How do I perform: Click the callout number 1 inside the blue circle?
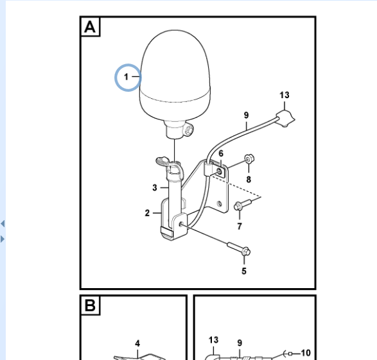tap(127, 77)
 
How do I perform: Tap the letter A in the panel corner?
tap(90, 27)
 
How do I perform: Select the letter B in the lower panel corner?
tap(90, 305)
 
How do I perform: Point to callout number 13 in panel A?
tap(285, 95)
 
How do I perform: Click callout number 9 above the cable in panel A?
tap(246, 116)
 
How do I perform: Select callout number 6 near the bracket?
tap(221, 153)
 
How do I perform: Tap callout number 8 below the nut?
tap(249, 180)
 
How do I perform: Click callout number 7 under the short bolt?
tap(240, 227)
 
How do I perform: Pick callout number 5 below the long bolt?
tap(244, 271)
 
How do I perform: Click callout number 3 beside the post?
tap(155, 187)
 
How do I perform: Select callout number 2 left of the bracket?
tap(147, 213)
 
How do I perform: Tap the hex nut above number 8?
tap(249, 159)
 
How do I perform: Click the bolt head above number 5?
tap(245, 252)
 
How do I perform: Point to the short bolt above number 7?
tap(242, 205)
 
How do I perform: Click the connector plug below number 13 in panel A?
tap(286, 119)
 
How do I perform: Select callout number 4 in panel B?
tap(137, 343)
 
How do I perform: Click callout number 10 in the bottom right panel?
tap(306, 353)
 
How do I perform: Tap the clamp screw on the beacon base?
tap(189, 131)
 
